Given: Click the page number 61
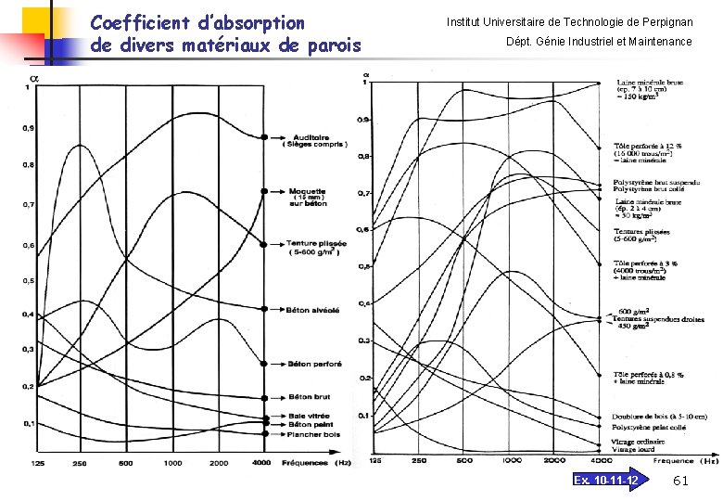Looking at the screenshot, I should click(679, 480).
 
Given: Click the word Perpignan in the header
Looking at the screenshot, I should click(662, 21).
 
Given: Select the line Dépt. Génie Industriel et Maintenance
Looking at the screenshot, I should click(598, 42).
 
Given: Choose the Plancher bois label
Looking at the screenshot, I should click(313, 434).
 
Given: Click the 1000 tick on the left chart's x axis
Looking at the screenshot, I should click(172, 462).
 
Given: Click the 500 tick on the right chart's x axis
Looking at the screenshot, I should click(464, 460).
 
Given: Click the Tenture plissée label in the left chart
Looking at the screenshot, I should click(316, 243).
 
